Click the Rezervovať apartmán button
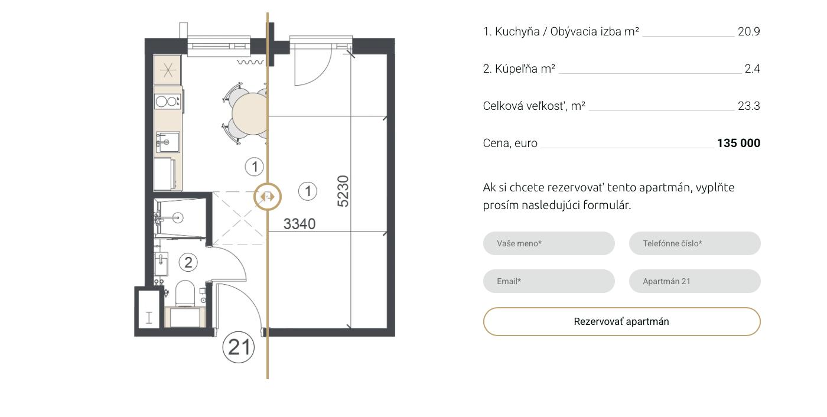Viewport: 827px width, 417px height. point(621,321)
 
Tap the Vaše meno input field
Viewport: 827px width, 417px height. point(549,243)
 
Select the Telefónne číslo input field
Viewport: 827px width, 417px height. point(695,243)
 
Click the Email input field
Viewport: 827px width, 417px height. point(549,281)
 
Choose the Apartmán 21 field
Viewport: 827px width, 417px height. point(695,281)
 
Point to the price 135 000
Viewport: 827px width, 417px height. point(738,143)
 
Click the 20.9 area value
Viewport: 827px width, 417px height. point(749,32)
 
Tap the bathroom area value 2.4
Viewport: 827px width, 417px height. point(752,69)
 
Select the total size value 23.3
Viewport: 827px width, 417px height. point(749,106)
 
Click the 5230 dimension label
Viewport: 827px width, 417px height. point(343,191)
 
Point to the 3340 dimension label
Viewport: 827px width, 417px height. point(299,224)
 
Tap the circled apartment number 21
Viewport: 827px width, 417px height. point(239,347)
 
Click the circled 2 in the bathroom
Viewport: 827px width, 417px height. point(188,262)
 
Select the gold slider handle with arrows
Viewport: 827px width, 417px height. point(268,197)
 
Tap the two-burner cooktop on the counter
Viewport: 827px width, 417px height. point(168,101)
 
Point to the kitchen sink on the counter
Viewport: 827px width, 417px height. point(168,142)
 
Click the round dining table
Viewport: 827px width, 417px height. point(249,113)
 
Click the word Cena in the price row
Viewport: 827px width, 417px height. point(496,143)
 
